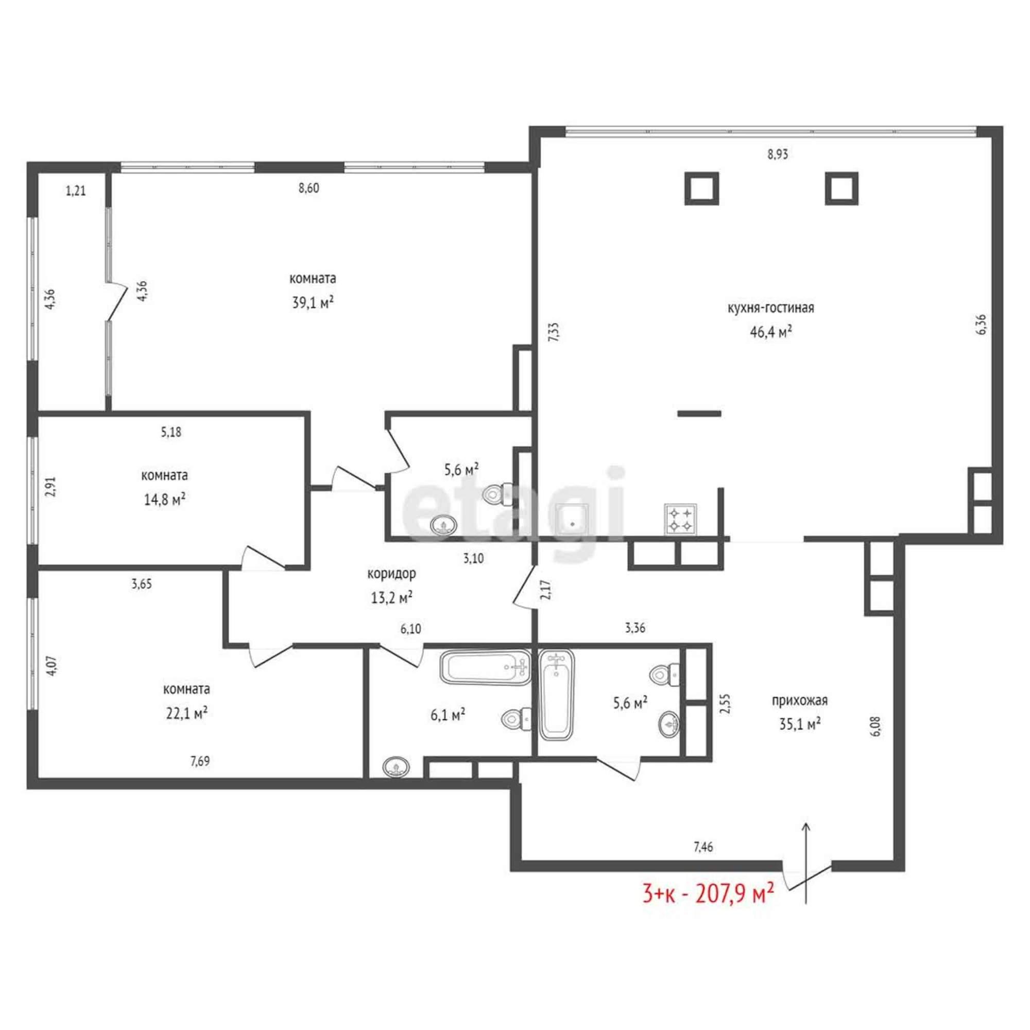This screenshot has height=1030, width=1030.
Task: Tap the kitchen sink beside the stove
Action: [x=572, y=519]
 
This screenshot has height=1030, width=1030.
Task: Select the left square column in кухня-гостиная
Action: [x=701, y=188]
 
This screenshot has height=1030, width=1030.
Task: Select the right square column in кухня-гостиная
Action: [x=842, y=188]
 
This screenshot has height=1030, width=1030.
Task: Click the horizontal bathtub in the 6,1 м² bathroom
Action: [x=486, y=666]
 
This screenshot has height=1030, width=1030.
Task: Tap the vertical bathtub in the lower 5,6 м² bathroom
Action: [x=557, y=695]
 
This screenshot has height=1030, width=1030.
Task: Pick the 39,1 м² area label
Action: [x=313, y=303]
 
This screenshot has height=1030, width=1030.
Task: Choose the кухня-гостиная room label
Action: [x=771, y=308]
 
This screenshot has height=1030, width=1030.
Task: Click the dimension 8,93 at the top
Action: [x=778, y=154]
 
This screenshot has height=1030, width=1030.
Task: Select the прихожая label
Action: [x=800, y=700]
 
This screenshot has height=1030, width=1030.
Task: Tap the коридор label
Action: [x=392, y=574]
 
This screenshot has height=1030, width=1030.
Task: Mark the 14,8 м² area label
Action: [x=165, y=500]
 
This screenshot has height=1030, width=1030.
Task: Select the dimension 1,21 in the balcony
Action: [x=76, y=191]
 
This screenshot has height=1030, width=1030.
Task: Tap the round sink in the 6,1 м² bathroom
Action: [x=397, y=768]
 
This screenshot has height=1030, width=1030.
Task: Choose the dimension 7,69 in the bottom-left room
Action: [x=200, y=761]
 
